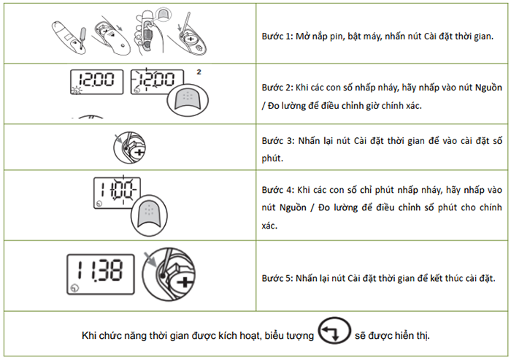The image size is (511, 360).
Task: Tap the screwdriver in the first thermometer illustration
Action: (82, 38)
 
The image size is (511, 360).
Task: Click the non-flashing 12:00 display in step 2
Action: (97, 82)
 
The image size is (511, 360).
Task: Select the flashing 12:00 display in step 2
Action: (157, 81)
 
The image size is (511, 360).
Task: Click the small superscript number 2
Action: (199, 72)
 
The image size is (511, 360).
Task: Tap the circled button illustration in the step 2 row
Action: (188, 100)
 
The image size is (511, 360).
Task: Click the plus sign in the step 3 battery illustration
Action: (139, 153)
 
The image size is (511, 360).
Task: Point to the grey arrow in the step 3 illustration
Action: (118, 139)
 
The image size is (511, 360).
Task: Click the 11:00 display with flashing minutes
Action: (118, 193)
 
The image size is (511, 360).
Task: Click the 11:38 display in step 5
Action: (101, 275)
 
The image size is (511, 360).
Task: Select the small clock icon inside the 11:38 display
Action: (74, 288)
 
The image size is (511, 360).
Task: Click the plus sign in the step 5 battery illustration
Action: (184, 282)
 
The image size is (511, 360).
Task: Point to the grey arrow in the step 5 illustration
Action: (150, 258)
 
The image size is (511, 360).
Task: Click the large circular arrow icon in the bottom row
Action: (334, 331)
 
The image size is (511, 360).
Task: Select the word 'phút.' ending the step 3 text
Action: (272, 158)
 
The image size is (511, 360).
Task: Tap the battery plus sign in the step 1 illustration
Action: (191, 39)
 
